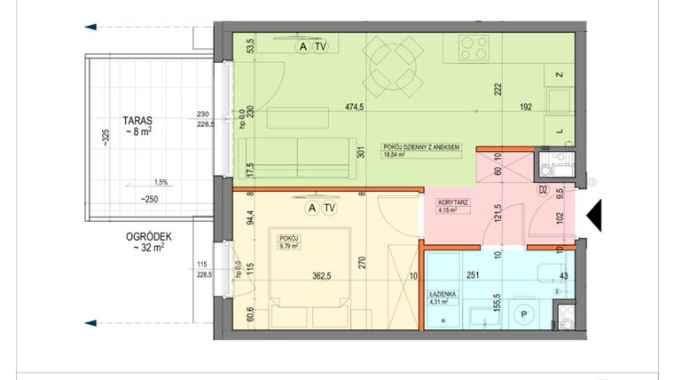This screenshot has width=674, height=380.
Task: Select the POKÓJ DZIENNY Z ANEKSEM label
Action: [x=420, y=146]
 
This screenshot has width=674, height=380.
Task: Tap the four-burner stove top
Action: [x=474, y=45]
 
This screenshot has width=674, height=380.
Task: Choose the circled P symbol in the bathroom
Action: [x=524, y=315]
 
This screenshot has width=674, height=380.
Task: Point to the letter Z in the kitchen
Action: [x=559, y=75]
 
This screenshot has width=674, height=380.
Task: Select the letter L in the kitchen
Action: [x=560, y=131]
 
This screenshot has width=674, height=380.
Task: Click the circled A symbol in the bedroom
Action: [x=310, y=209]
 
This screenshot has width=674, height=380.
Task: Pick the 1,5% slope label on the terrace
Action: [x=160, y=182]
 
